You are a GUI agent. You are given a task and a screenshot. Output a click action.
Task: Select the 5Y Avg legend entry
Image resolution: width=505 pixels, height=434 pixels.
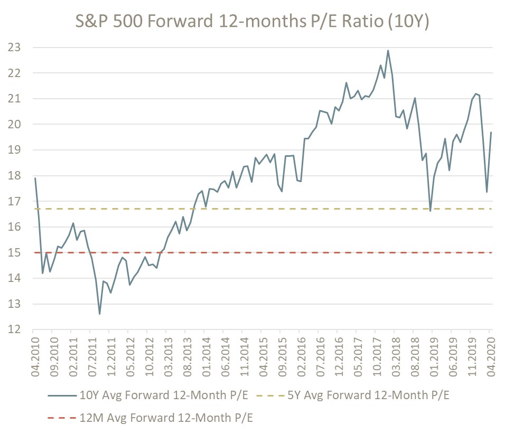359,395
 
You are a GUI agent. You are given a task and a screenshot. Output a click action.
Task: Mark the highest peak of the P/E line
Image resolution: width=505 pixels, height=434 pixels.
388,51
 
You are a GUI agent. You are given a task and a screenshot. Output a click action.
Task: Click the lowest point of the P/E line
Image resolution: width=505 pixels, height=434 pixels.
99,314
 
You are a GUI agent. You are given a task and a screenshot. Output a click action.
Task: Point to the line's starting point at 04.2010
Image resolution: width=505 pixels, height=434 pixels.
35,178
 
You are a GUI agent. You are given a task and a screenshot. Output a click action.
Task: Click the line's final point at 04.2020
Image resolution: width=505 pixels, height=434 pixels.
491,133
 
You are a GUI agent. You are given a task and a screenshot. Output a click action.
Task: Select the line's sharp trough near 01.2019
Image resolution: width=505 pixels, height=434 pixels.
431,211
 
